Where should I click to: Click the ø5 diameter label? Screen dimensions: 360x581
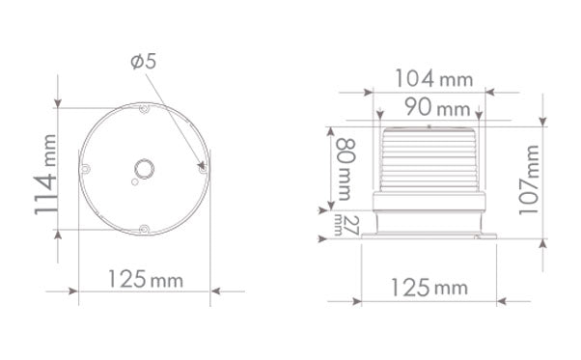(x=142, y=61)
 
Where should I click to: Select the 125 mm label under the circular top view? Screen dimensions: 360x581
(x=143, y=281)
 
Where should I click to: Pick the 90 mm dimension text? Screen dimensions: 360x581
(x=428, y=106)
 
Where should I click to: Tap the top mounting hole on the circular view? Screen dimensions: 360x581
(x=143, y=108)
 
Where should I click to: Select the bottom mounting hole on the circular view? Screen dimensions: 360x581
(x=143, y=229)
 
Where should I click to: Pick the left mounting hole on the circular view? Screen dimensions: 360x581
(x=85, y=169)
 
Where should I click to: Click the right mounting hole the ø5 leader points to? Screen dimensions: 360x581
(x=202, y=168)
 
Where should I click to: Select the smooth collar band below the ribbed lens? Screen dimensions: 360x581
(x=428, y=201)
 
